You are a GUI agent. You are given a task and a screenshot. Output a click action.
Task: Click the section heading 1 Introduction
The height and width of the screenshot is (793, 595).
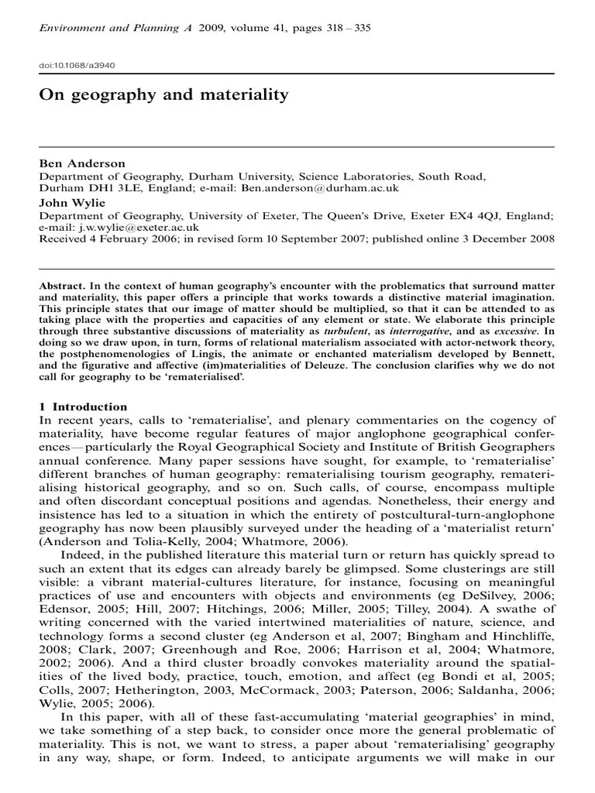(83, 407)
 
